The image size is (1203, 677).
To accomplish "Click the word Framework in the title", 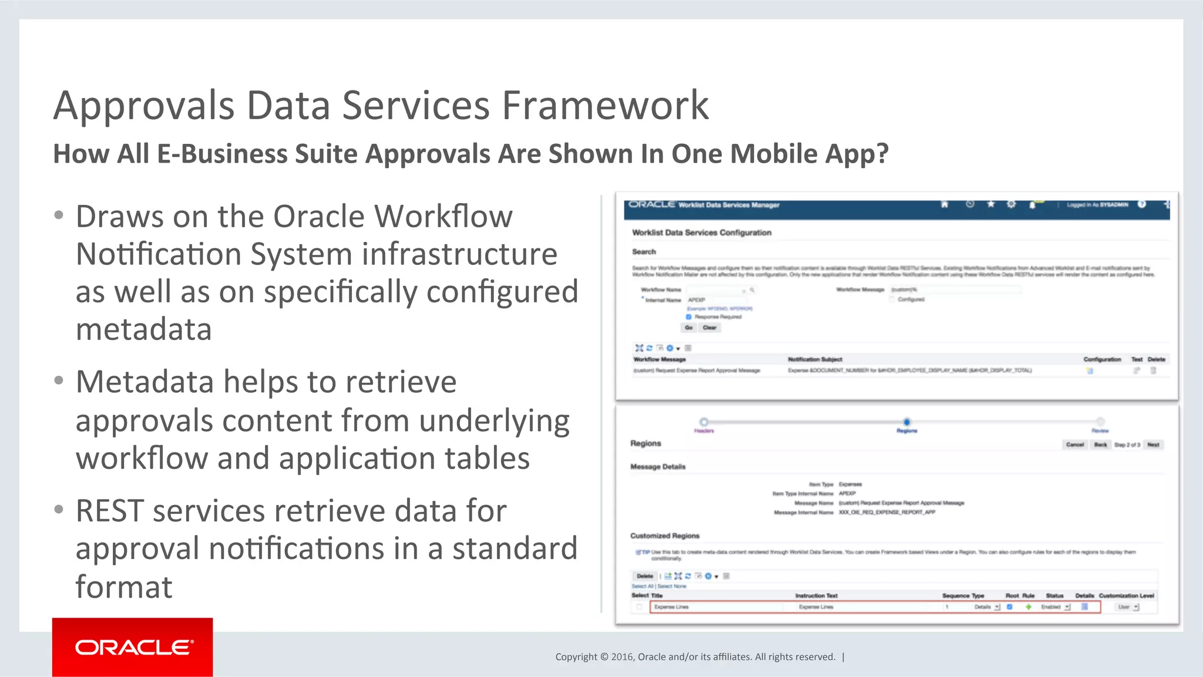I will pyautogui.click(x=605, y=106).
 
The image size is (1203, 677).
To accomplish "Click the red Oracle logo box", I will pyautogui.click(x=132, y=647).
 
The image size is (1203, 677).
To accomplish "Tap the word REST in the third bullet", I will pyautogui.click(x=110, y=511).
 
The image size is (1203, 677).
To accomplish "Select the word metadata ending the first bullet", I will pyautogui.click(x=144, y=329).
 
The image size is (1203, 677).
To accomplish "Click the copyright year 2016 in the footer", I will pyautogui.click(x=622, y=657).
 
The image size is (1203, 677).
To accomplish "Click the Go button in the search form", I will pyautogui.click(x=688, y=328).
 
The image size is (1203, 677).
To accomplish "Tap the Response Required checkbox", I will pyautogui.click(x=689, y=317).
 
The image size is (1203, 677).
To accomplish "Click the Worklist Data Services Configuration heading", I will pyautogui.click(x=701, y=233).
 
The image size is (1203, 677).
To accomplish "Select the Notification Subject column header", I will pyautogui.click(x=815, y=359).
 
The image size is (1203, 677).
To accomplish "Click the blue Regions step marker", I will pyautogui.click(x=907, y=422).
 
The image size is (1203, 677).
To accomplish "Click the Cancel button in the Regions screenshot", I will pyautogui.click(x=1074, y=444).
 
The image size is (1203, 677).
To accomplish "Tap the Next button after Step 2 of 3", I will pyautogui.click(x=1153, y=444).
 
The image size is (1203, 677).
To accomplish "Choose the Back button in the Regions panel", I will pyautogui.click(x=1100, y=444).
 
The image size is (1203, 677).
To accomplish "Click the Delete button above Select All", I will pyautogui.click(x=644, y=576).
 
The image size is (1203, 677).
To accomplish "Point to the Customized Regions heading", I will pyautogui.click(x=664, y=535).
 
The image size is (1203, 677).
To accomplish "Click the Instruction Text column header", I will pyautogui.click(x=816, y=595).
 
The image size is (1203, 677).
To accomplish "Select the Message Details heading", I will pyautogui.click(x=658, y=467).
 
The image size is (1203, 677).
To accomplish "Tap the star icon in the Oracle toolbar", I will pyautogui.click(x=990, y=204).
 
